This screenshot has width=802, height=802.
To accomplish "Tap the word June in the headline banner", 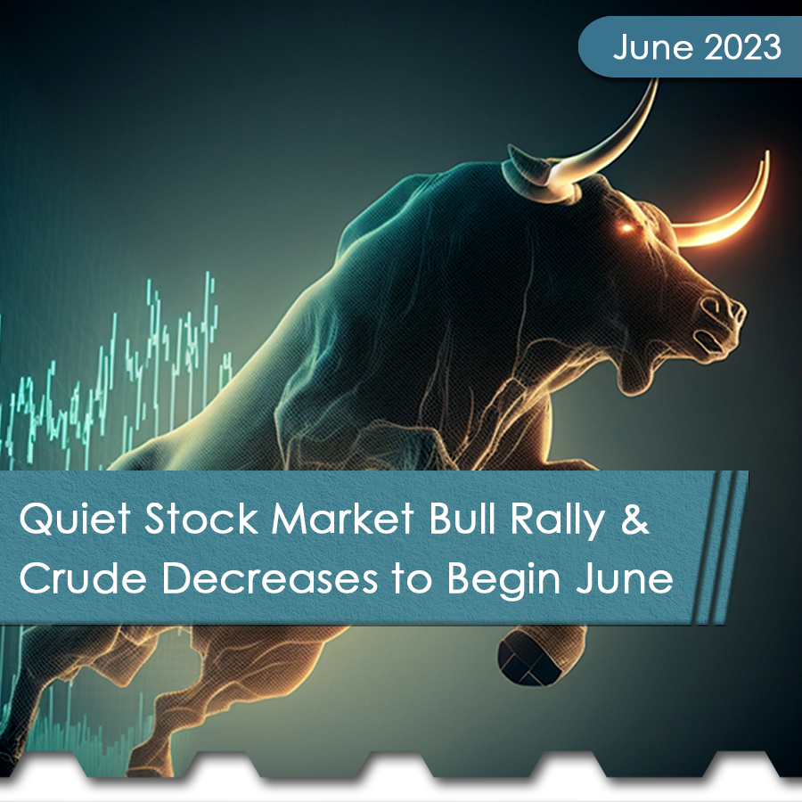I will [x=626, y=580].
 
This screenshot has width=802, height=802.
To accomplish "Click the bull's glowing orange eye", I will [x=627, y=228].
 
